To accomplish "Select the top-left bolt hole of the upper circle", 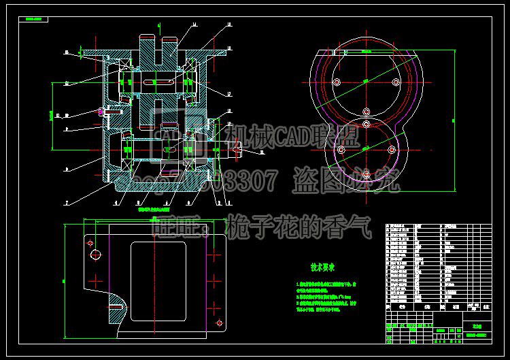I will (x=337, y=82).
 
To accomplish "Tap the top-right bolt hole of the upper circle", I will (x=396, y=82).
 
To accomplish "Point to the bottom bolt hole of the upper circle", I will (x=366, y=112).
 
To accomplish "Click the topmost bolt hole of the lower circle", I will (x=366, y=124).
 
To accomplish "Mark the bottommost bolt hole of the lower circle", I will (x=366, y=175).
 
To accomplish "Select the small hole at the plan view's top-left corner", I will (x=88, y=240).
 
